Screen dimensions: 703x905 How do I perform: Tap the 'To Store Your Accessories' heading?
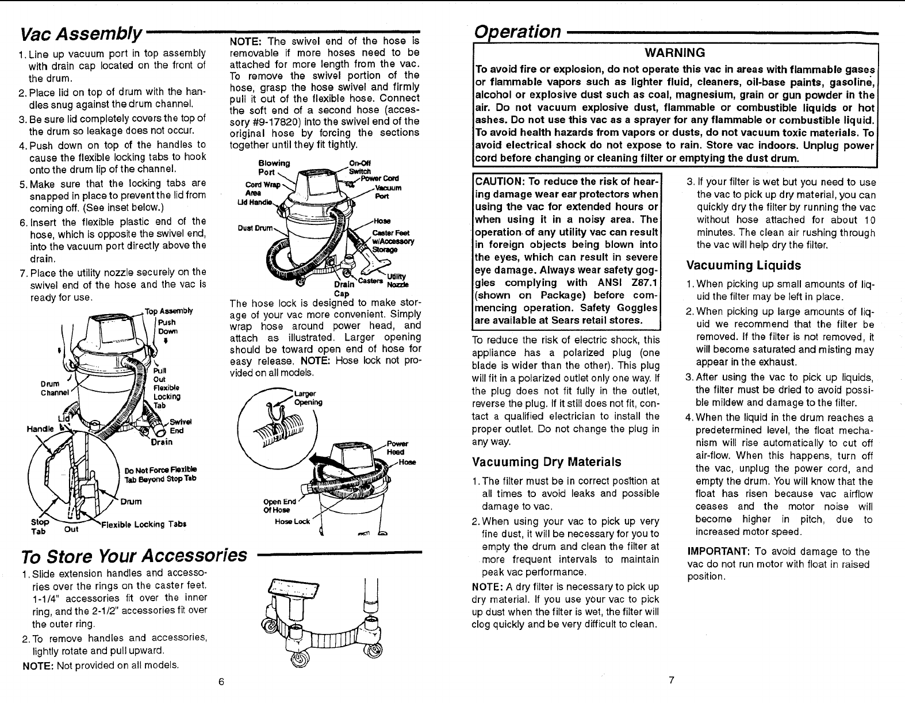(x=133, y=556)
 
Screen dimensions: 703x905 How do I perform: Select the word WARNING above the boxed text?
(x=675, y=53)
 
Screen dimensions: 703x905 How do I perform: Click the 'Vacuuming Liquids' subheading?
(x=743, y=266)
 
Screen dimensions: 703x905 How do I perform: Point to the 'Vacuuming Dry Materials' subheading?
(x=546, y=462)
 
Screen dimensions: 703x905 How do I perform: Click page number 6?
(x=220, y=681)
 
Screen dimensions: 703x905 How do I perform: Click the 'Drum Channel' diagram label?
(x=54, y=388)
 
